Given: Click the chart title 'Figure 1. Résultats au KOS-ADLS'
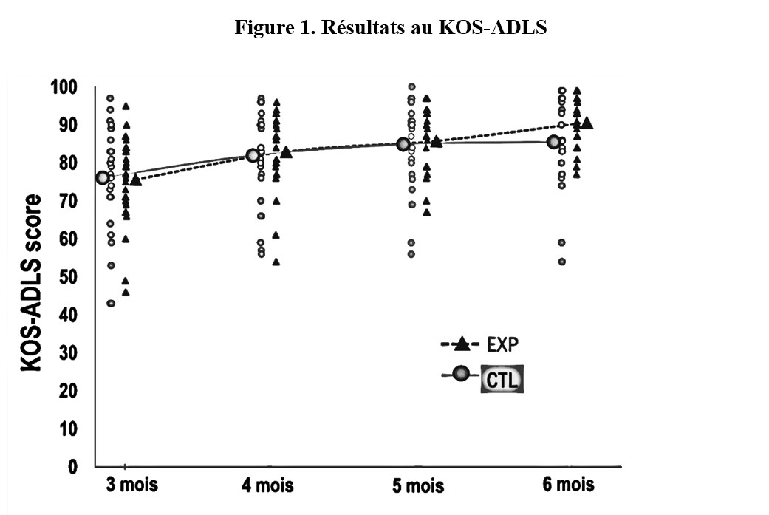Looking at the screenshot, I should pos(391,29).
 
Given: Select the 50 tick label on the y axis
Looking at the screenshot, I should pos(67,277).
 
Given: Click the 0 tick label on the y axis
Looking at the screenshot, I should pos(72,467).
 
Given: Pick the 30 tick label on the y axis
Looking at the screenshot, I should pos(67,353).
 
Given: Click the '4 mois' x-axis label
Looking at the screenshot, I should pos(267,485).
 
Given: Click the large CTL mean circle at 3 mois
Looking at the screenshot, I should pos(102,177).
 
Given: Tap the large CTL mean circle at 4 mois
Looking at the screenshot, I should pos(253,155).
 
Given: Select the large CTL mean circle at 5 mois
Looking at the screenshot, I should pos(403,144).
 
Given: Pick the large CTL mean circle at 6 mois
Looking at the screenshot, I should pos(553,142).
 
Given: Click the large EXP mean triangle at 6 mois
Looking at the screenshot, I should pos(587,123).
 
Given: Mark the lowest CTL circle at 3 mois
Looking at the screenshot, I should pos(110,303).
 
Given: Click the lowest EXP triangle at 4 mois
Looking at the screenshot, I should pos(276,262).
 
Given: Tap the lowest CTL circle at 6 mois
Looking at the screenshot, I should pos(561,262).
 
